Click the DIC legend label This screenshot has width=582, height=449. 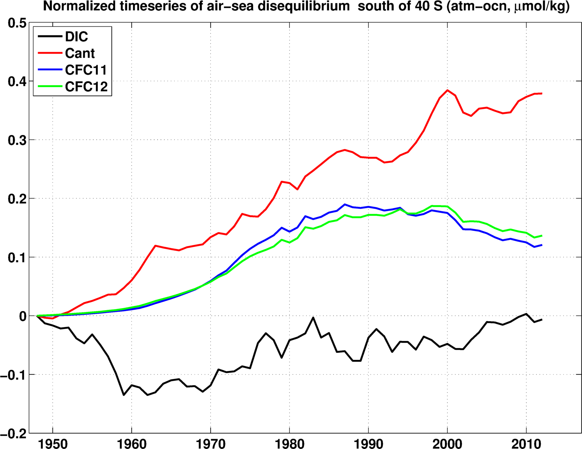click(x=77, y=36)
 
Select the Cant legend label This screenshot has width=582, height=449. click(x=80, y=53)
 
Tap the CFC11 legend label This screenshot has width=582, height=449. click(x=86, y=70)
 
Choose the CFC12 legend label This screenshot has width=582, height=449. click(x=86, y=87)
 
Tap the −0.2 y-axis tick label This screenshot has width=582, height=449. click(x=13, y=433)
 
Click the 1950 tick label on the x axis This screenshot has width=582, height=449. click(x=53, y=444)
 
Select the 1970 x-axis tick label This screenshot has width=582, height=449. click(x=211, y=444)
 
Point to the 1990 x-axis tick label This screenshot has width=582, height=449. click(x=368, y=444)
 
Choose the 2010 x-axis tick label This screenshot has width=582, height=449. click(x=526, y=444)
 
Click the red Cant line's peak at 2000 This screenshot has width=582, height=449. click(x=447, y=90)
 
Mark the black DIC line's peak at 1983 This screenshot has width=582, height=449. click(x=313, y=318)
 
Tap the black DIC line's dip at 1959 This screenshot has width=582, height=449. click(x=124, y=395)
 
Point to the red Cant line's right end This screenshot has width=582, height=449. click(x=542, y=93)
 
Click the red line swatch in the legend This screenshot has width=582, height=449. click(x=50, y=53)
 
